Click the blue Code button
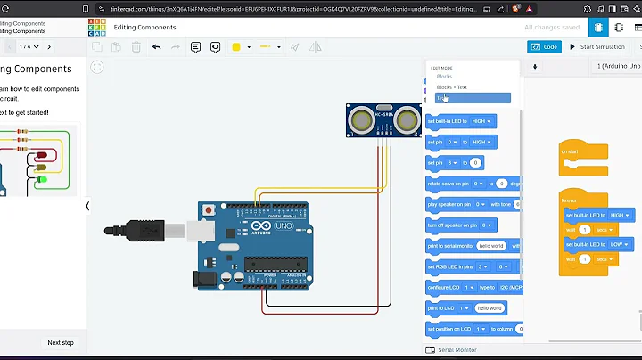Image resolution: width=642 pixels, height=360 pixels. tap(545, 47)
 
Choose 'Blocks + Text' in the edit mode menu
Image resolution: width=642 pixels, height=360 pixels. tap(451, 87)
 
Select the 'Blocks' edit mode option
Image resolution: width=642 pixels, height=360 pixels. tap(444, 77)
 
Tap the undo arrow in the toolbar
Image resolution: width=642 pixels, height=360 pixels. tap(157, 46)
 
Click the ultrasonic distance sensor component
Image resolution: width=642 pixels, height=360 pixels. tap(383, 119)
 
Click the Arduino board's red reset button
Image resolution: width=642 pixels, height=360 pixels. tap(208, 210)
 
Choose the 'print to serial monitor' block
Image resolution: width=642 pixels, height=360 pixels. tap(451, 245)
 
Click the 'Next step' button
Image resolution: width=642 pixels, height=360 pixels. tap(61, 342)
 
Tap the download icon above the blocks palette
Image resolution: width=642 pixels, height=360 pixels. tap(535, 67)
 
